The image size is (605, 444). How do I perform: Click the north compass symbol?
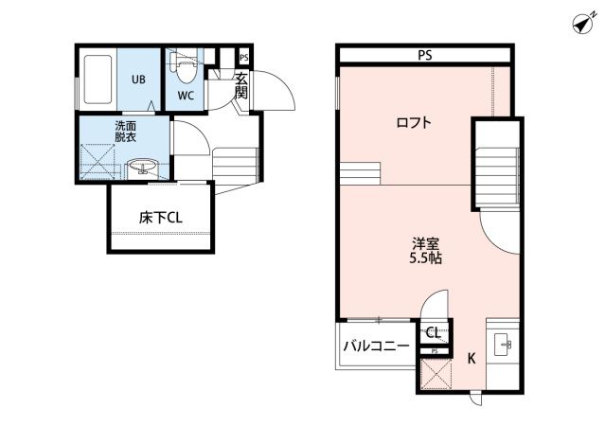coord(584,24)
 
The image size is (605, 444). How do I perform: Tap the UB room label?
coord(138,80)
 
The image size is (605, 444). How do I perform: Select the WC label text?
coord(186,96)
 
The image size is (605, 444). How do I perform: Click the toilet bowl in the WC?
coord(186,68)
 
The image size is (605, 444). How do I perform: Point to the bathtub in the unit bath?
coord(98,80)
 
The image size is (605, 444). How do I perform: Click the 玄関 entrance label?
coord(241,85)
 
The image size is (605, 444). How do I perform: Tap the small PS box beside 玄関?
coord(244,58)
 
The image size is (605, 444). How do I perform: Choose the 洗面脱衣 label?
coord(125,132)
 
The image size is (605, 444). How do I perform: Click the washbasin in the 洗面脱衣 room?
coord(142,167)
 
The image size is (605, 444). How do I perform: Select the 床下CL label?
coord(161,218)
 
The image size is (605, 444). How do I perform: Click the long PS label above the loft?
coord(425,56)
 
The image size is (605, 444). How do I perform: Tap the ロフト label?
coord(414,123)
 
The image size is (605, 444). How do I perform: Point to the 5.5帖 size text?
coord(426,258)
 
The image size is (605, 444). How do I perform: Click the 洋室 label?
coord(426,244)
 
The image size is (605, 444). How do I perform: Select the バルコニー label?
coord(376,346)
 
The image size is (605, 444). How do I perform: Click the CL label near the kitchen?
coord(433,332)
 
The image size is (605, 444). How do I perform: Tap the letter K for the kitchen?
coord(472,359)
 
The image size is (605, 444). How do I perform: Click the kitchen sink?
coord(503,344)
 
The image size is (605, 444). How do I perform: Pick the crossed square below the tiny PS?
coord(436,374)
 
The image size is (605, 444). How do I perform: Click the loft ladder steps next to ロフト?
coord(361,173)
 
